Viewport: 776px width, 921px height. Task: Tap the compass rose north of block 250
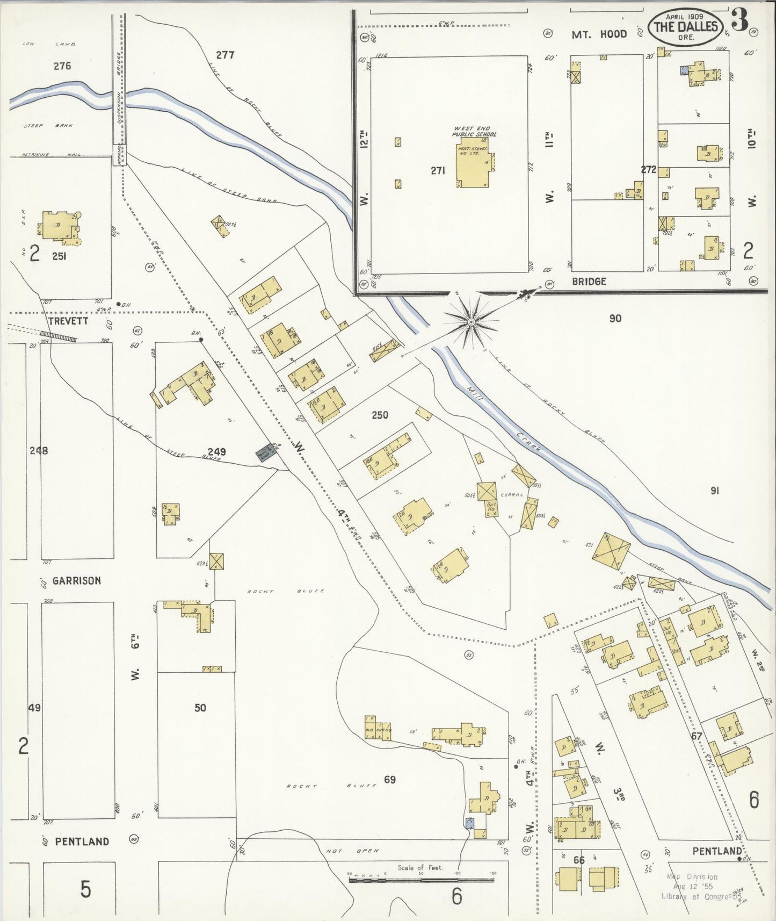pos(471,322)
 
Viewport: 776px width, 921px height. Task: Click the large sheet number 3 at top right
pos(740,20)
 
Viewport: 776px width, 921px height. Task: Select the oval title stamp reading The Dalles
pos(685,27)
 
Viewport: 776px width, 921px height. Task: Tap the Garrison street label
pos(76,580)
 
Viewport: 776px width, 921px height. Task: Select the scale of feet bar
pos(421,880)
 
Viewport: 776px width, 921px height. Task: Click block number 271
pos(438,171)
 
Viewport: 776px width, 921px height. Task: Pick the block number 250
pos(379,415)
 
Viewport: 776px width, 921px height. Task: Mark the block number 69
pos(390,779)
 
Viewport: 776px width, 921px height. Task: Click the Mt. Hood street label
pos(599,34)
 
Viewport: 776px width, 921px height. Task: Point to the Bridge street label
pos(589,281)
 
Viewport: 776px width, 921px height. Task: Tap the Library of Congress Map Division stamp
pos(693,886)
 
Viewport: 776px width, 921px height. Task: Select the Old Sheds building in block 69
pos(378,729)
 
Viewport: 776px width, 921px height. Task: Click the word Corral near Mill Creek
pos(511,495)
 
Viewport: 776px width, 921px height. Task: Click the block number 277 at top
pos(225,54)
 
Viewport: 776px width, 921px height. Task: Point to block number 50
pos(200,708)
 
